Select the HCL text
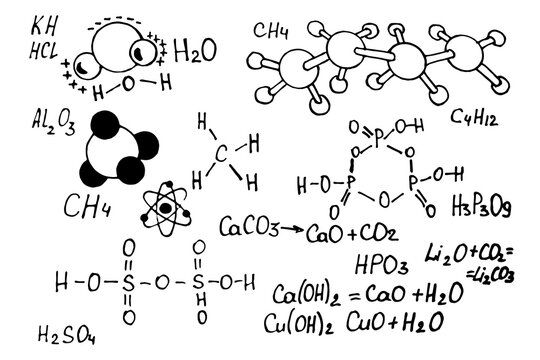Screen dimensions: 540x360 point(44,46)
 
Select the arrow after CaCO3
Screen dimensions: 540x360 point(291,229)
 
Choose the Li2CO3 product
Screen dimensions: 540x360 point(494,274)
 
